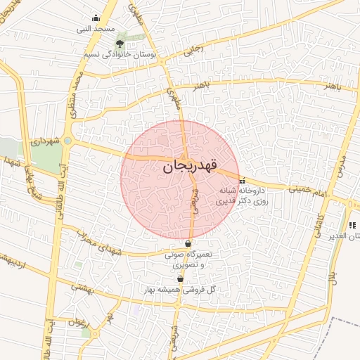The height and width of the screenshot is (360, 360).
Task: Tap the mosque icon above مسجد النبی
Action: [96, 19]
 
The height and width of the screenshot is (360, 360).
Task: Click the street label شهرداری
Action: [43, 142]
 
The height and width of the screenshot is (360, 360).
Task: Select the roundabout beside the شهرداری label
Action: [67, 141]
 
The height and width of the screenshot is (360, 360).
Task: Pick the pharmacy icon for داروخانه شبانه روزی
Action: [243, 180]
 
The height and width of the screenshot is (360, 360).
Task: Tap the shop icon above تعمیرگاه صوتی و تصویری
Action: [188, 244]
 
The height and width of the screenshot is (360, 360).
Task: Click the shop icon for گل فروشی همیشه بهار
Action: [180, 279]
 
